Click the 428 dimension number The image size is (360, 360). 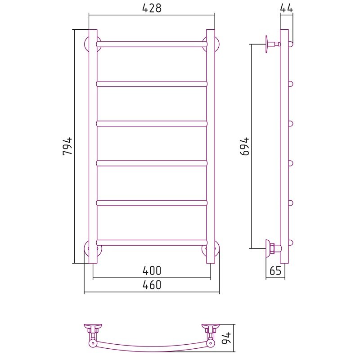tap(152, 9)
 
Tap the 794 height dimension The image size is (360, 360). tap(67, 146)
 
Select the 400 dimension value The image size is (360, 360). tap(152, 270)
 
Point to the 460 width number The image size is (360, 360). tap(152, 285)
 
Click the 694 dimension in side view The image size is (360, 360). tap(244, 146)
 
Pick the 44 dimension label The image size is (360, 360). tap(287, 8)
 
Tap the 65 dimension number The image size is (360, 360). tap(275, 270)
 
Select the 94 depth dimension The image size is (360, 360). tap(227, 338)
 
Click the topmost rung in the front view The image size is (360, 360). tap(152, 44)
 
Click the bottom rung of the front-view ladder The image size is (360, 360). tap(152, 243)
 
